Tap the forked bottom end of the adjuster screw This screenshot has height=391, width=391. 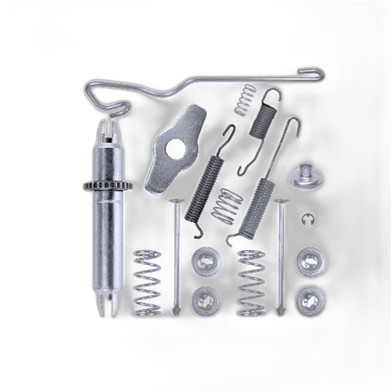tap(105, 306)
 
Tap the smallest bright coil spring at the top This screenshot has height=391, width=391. tap(243, 100)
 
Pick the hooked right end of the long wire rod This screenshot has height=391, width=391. tap(309, 74)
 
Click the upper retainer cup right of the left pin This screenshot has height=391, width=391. tap(204, 260)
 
